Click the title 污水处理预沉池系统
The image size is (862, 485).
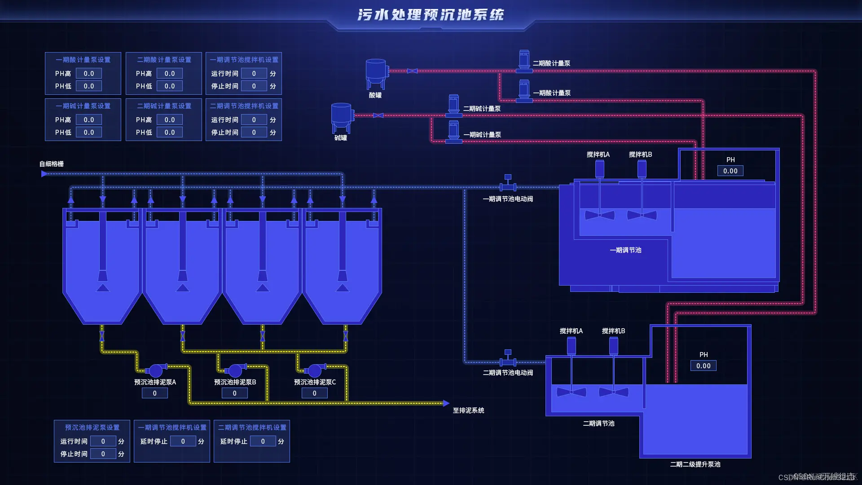[x=431, y=15]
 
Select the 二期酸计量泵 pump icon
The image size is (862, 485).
[x=524, y=61]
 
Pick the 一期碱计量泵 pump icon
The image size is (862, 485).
[x=454, y=132]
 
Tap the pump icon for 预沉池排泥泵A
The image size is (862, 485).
[x=155, y=370]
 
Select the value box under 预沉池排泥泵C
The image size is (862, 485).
[x=314, y=393]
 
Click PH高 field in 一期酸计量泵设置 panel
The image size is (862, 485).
[x=89, y=74]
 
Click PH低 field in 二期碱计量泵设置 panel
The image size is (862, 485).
[x=170, y=132]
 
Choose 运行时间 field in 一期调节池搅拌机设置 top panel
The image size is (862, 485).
[x=254, y=74]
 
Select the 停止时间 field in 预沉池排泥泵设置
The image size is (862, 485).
[x=103, y=454]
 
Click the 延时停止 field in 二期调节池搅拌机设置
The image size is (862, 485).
[x=263, y=441]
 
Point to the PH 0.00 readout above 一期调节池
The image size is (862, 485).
[x=730, y=171]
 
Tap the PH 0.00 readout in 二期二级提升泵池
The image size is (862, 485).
[x=704, y=366]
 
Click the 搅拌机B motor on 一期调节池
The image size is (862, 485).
[x=642, y=169]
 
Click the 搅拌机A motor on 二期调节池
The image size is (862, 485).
[x=572, y=345]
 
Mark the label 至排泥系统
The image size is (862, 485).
[x=468, y=410]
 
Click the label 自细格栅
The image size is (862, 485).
[x=52, y=164]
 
